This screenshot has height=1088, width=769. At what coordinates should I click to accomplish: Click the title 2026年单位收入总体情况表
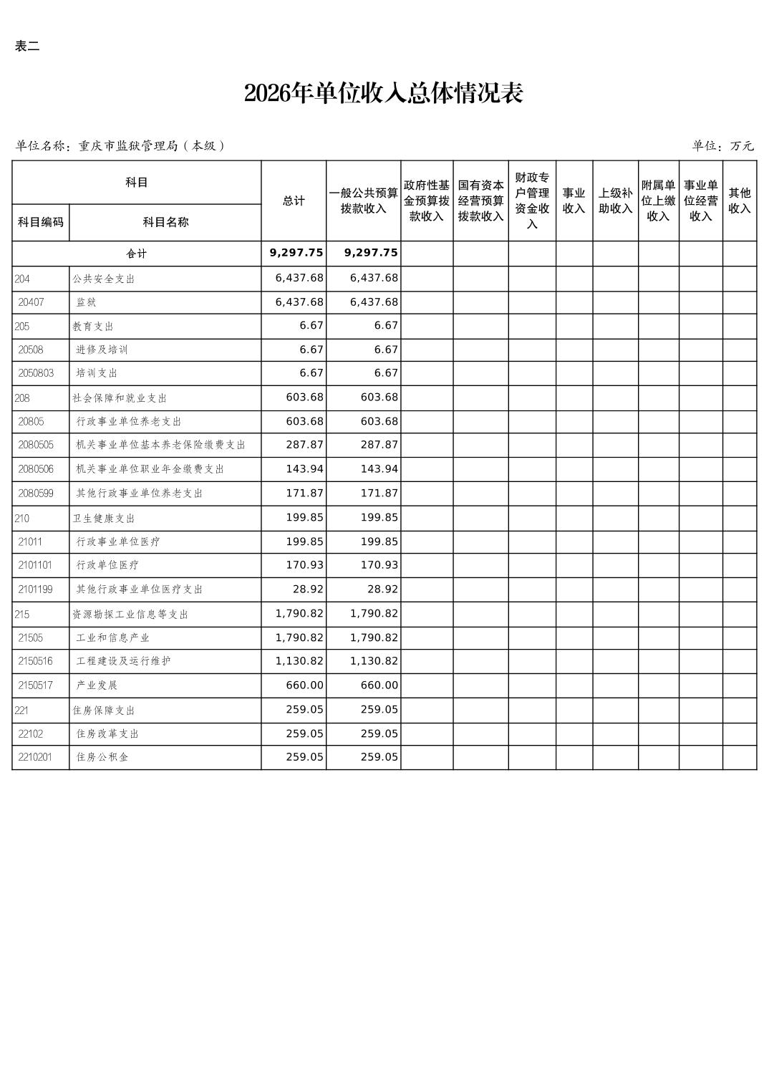384,94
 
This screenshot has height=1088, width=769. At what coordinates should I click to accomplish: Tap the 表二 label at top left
27,47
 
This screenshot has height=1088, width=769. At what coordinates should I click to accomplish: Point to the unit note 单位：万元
722,146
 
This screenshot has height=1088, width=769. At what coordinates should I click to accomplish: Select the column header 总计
294,201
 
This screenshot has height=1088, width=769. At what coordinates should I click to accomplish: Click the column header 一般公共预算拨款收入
364,201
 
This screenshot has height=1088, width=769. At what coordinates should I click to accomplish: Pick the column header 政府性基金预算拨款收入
427,201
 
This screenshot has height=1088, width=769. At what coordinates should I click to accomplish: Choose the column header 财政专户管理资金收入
532,201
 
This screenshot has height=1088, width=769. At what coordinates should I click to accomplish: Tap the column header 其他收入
739,201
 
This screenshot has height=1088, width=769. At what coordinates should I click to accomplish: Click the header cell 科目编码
41,222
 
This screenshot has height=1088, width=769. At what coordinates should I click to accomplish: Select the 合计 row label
137,254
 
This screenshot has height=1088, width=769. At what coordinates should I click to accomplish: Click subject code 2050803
36,373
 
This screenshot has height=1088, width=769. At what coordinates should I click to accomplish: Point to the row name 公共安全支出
104,279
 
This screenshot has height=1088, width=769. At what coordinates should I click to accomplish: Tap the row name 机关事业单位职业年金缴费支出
150,469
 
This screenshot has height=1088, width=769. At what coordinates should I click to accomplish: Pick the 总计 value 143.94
305,469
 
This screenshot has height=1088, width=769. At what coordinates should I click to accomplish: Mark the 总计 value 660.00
305,685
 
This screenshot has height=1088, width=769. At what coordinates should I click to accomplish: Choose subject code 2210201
36,757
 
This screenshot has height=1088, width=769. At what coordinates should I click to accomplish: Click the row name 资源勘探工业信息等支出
130,615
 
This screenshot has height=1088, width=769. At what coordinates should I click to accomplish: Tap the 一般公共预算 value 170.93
379,565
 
